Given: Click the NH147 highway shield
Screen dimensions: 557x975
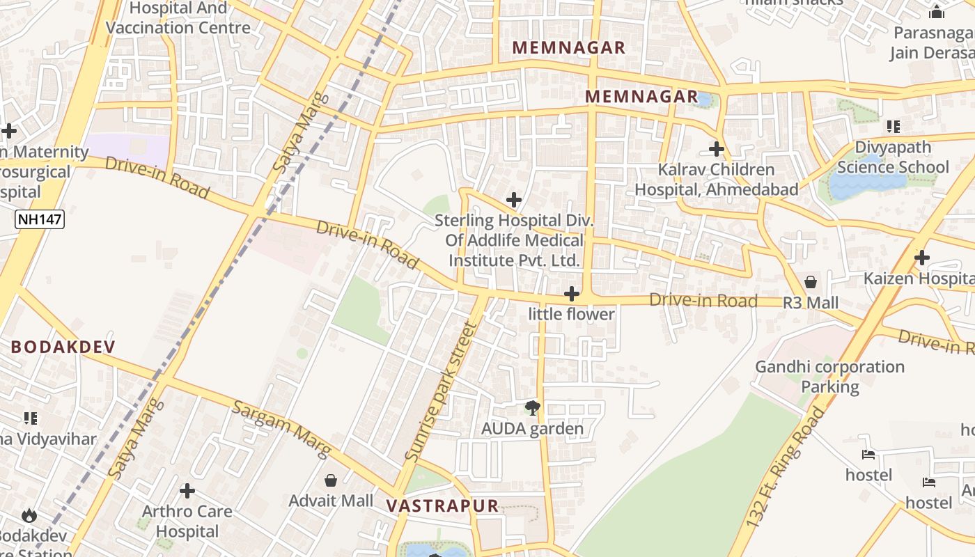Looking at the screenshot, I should [40, 219].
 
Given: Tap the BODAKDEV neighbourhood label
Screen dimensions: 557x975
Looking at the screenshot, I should [63, 347].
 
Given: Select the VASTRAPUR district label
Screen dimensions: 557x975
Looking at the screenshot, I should [442, 505].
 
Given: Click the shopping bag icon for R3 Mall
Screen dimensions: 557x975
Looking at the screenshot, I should [811, 282].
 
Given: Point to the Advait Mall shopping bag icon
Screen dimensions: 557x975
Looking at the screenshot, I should [331, 480].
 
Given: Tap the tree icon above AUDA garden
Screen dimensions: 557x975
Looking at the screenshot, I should [533, 408].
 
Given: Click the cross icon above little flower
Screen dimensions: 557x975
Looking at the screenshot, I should [572, 294].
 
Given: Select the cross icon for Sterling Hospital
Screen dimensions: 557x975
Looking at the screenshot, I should [514, 201].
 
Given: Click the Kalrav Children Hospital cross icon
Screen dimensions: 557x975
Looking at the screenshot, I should [716, 149].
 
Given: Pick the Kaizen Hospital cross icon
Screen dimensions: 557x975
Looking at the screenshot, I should [922, 258].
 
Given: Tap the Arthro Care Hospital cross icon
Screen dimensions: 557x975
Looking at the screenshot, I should [187, 491].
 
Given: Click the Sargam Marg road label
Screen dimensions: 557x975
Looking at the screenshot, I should [281, 430].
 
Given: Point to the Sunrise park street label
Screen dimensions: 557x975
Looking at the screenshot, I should [442, 393].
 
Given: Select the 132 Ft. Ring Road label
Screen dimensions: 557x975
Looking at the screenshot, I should [784, 468].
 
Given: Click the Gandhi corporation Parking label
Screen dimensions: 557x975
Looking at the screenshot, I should [830, 376].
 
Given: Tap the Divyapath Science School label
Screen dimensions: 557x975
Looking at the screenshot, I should [893, 157].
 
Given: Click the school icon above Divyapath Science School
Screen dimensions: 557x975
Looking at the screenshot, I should [893, 127].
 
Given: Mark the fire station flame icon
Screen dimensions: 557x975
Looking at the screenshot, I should [29, 515].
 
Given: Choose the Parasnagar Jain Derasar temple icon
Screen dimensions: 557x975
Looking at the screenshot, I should [936, 12].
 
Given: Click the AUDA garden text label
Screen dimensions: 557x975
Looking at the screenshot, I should [533, 429].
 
